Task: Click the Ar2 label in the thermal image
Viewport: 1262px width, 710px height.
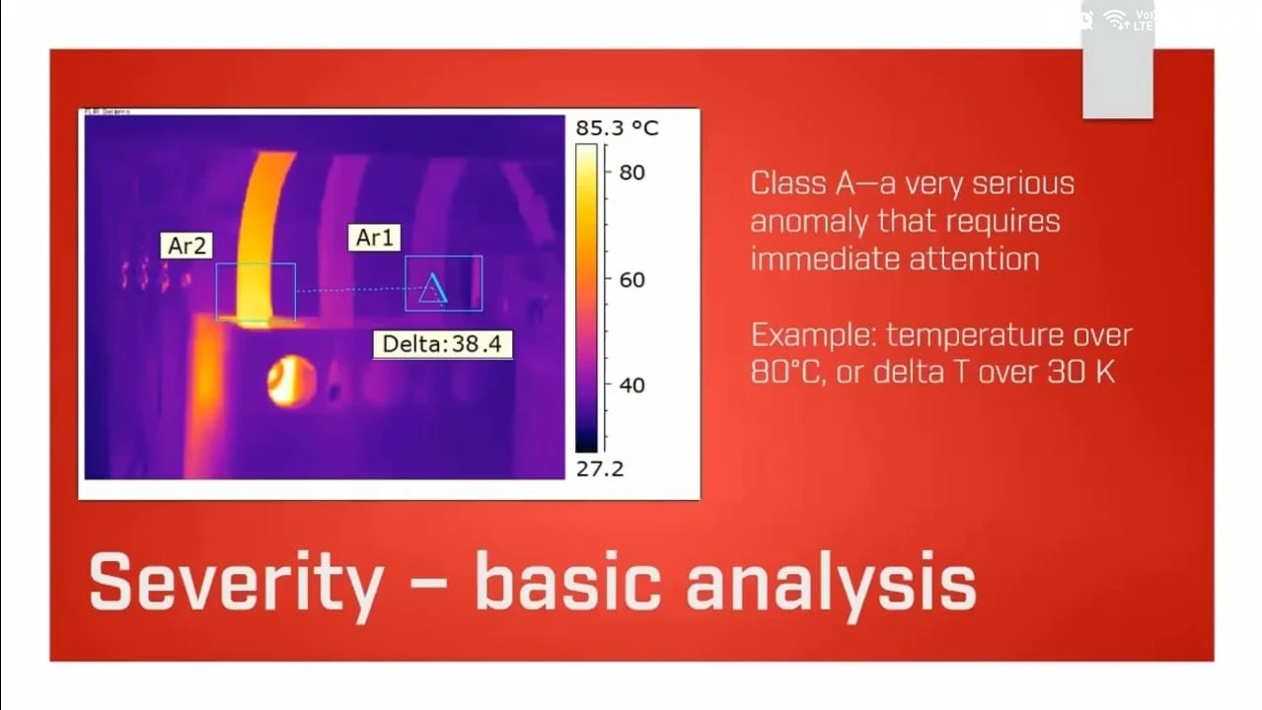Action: (186, 246)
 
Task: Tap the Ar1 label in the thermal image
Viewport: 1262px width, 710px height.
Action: (373, 238)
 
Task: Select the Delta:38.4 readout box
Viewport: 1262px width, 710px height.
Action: (442, 344)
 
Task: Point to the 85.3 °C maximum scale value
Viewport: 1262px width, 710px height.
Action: (616, 128)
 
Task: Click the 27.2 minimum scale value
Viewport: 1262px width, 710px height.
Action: (600, 468)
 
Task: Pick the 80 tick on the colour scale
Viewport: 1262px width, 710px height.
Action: (631, 173)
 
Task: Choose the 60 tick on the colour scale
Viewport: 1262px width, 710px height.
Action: (631, 280)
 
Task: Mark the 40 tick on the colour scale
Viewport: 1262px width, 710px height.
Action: (631, 386)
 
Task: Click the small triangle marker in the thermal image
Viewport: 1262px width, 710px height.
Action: (433, 289)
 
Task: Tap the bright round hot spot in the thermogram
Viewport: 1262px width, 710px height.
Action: (291, 382)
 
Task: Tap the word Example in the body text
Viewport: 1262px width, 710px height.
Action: (811, 336)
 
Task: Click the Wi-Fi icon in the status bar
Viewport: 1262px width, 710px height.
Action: (1115, 19)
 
